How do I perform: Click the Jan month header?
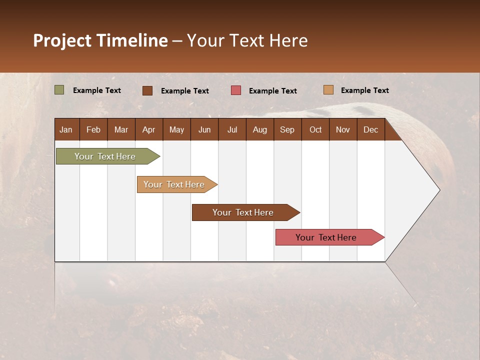tap(66, 129)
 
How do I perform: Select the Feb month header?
tap(93, 129)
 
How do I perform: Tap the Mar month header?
tap(121, 129)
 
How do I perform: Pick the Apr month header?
tap(148, 129)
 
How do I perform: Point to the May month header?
tap(176, 129)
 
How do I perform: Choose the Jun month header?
tap(204, 129)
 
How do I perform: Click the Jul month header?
tap(232, 129)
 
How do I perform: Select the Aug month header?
tap(259, 129)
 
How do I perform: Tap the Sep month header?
tap(287, 129)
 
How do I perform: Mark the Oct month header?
tap(315, 129)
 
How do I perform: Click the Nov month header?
tap(342, 129)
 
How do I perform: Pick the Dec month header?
tap(370, 129)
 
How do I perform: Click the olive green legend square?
tap(59, 90)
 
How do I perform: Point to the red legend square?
tap(236, 90)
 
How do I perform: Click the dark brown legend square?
tap(147, 90)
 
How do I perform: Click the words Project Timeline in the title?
tap(100, 40)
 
